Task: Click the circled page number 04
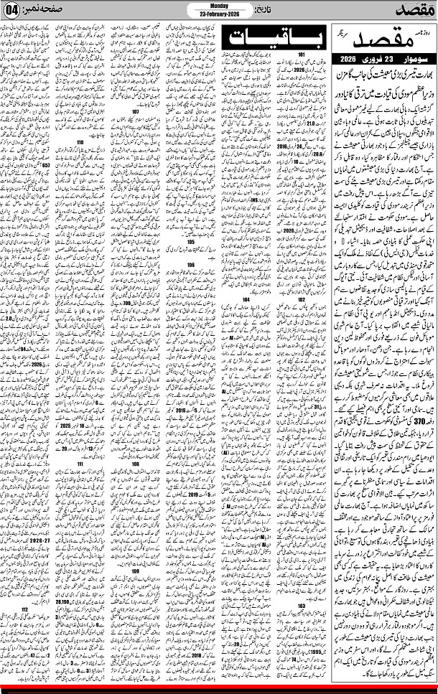click(11, 11)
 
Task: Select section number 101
click(302, 55)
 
